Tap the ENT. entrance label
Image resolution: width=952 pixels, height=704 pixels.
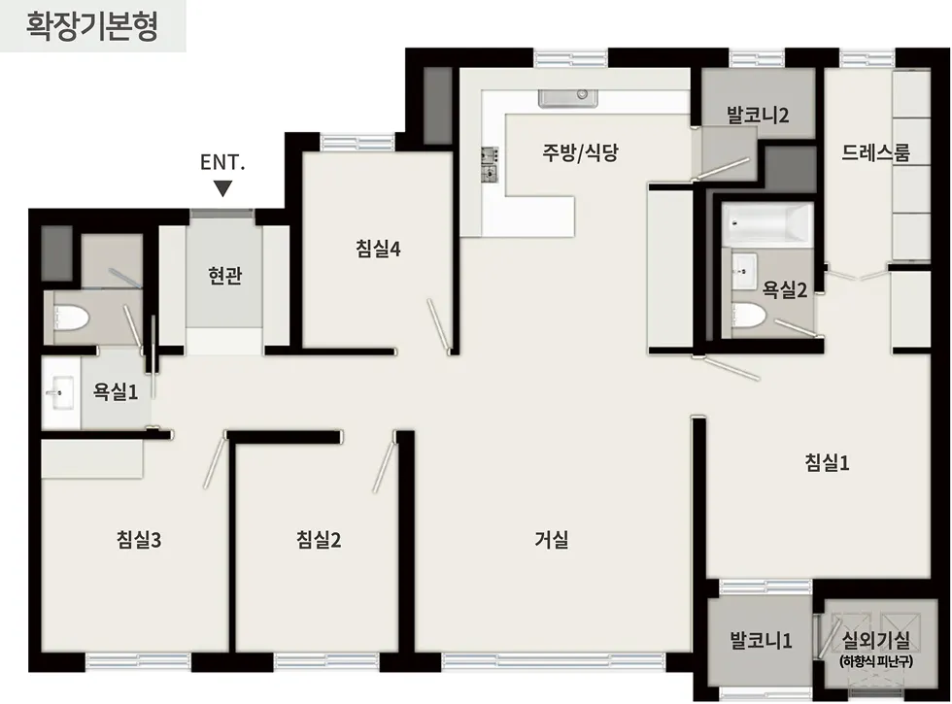click(x=222, y=161)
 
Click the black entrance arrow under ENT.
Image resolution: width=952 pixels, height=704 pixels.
click(x=223, y=187)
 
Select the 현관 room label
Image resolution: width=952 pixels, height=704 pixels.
click(x=224, y=277)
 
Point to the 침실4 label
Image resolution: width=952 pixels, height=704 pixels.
click(x=378, y=249)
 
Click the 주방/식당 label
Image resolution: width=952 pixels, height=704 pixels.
click(x=580, y=152)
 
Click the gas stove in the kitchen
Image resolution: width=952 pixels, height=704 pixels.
click(x=489, y=164)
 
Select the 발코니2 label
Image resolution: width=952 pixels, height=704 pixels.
click(x=758, y=115)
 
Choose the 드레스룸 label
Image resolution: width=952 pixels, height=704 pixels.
click(x=876, y=152)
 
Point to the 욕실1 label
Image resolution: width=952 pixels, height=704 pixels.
click(x=116, y=391)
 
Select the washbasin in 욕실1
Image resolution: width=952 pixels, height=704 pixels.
click(x=59, y=394)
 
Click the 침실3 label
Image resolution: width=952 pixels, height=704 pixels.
click(x=139, y=540)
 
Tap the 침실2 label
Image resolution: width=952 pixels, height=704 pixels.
click(x=319, y=540)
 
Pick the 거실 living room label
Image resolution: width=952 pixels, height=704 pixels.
click(x=551, y=540)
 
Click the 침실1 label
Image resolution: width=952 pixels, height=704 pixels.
click(x=828, y=462)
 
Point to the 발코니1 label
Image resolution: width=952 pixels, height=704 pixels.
click(x=762, y=641)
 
